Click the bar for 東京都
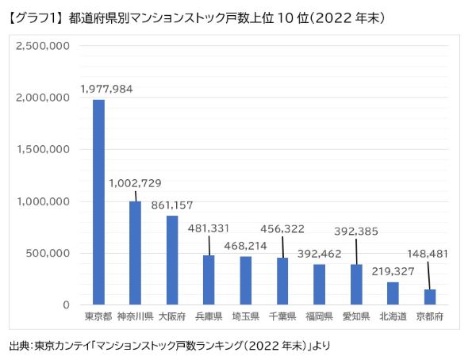98,202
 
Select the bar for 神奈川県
135,253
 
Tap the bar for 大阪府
172,260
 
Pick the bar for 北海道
393,293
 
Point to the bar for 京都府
429,297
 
